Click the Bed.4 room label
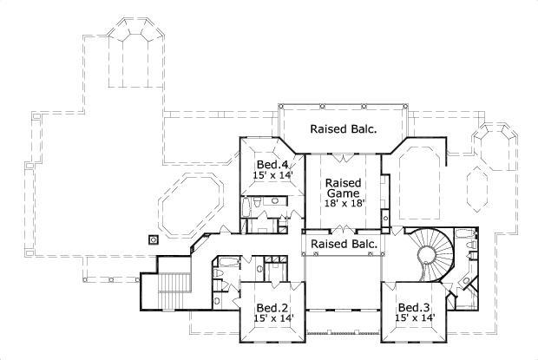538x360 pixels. [272, 165]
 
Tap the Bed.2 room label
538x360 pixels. [272, 308]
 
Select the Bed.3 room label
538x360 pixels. [414, 308]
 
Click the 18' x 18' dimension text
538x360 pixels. [344, 203]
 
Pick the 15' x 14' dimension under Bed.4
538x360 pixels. [272, 175]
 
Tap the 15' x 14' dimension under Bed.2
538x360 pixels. [272, 318]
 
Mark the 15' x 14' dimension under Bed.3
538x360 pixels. [414, 318]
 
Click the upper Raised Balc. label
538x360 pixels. [344, 129]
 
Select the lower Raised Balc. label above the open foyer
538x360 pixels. [344, 245]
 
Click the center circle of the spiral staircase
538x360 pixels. [427, 254]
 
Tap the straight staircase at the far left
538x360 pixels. [175, 283]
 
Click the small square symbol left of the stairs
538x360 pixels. [153, 239]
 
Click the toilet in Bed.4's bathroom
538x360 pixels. [277, 202]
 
